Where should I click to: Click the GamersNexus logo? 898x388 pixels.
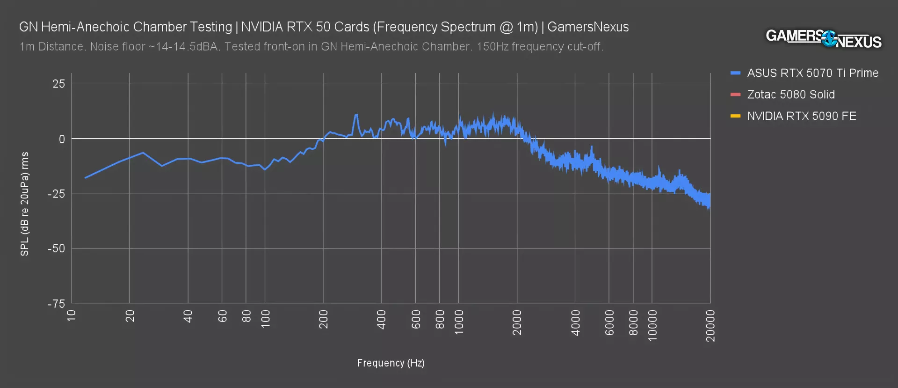point(823,38)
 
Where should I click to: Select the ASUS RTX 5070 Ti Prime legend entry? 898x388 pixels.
point(812,73)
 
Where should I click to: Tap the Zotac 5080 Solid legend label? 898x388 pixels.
point(790,95)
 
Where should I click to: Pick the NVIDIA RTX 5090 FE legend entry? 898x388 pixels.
point(801,116)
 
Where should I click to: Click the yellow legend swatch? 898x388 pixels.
point(735,116)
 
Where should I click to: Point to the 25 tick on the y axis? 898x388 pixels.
point(59,84)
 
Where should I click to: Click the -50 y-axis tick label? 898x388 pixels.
point(56,249)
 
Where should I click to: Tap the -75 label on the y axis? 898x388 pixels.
point(56,304)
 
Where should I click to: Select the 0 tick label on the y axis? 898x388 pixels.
point(62,139)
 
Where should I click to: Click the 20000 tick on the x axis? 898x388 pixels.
point(710,326)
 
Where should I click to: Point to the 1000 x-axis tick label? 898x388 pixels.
point(459,322)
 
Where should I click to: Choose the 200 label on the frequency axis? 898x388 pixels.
point(323,319)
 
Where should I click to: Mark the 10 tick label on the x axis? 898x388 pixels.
point(72,315)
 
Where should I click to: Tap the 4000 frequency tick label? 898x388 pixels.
point(575,322)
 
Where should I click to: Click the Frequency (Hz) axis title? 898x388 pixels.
point(391,363)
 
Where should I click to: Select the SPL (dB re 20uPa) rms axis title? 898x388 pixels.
point(25,204)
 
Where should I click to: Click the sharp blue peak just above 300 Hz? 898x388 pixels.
point(356,115)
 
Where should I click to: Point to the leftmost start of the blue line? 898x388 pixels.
point(85,178)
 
